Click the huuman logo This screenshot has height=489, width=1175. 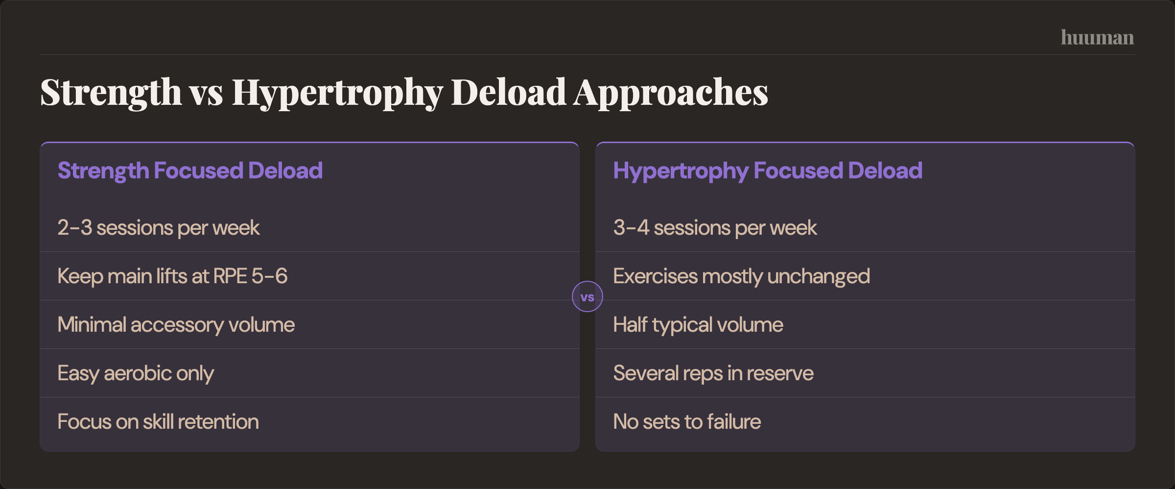(1097, 38)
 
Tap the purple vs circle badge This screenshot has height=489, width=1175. (587, 296)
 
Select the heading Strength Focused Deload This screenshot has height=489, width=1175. (190, 171)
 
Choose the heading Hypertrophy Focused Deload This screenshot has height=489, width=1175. (768, 171)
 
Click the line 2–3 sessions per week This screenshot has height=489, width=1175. (158, 228)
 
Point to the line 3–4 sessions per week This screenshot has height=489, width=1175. (715, 228)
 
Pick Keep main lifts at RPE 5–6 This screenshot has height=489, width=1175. (172, 276)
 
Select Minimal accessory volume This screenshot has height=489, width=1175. (176, 325)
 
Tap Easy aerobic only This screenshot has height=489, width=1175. (136, 373)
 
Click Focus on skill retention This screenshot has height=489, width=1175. (158, 422)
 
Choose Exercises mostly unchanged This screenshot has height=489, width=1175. (741, 276)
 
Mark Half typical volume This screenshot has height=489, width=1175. (698, 325)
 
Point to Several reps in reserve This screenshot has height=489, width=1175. (713, 373)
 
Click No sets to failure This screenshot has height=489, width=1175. (687, 422)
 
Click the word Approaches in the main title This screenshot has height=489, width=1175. (671, 92)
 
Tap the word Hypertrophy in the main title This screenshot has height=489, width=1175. (337, 92)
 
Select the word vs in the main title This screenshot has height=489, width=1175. (207, 92)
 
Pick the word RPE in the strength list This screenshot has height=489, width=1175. (230, 276)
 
